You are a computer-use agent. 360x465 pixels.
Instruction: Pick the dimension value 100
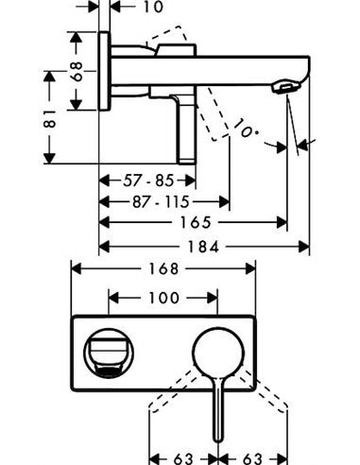(163, 296)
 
